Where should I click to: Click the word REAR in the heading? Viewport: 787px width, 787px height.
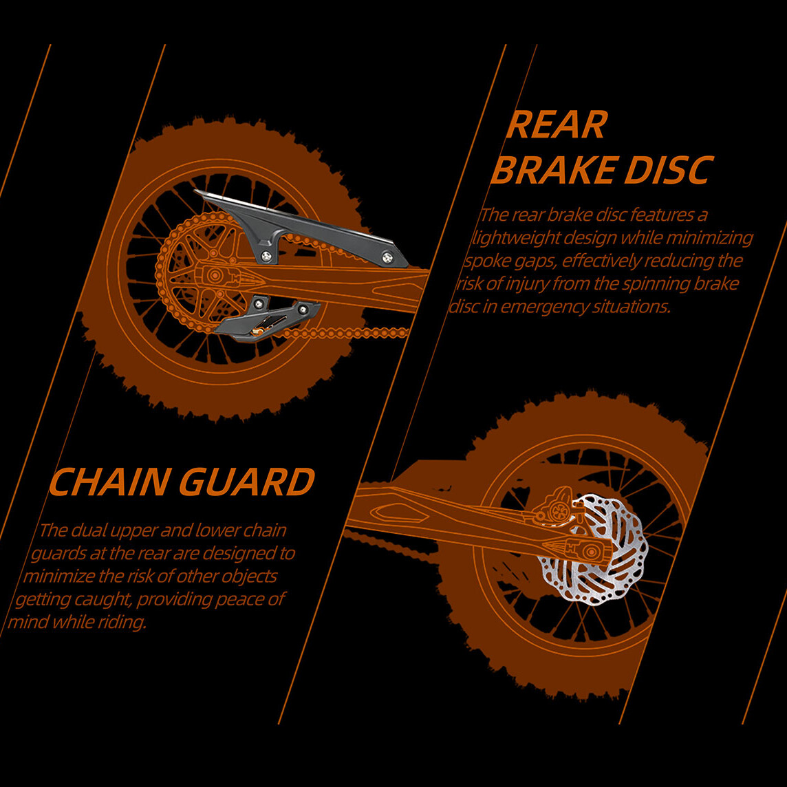(x=556, y=125)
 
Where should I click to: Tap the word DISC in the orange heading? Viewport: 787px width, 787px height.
(x=665, y=170)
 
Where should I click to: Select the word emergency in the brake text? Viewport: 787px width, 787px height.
(x=544, y=306)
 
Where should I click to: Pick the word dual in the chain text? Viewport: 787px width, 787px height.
(x=86, y=530)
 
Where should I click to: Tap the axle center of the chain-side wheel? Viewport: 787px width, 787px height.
(x=215, y=276)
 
